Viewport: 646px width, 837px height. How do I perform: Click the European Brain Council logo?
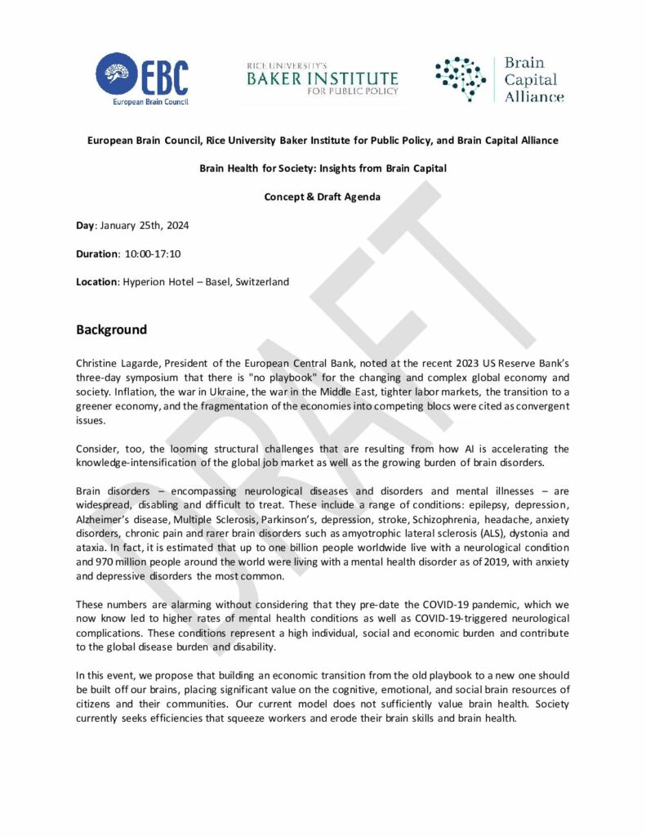(142, 79)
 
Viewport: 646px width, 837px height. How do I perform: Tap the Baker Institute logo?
(323, 79)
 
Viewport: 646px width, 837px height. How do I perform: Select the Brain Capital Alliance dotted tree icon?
(460, 79)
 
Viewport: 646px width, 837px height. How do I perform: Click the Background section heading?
(111, 330)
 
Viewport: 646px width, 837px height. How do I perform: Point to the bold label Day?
(86, 225)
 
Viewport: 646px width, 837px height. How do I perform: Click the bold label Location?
(97, 282)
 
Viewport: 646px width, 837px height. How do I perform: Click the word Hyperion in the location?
(145, 282)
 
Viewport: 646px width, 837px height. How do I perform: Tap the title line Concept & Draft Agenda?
(323, 196)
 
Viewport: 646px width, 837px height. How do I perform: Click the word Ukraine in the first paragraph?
(216, 392)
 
